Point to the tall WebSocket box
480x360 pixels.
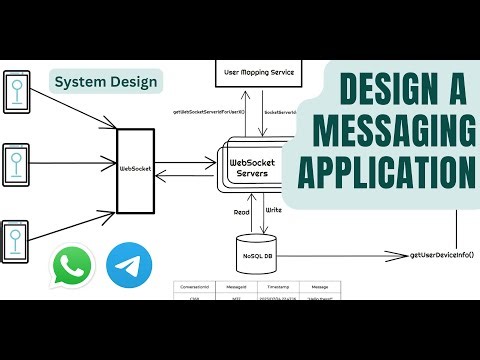coord(135,171)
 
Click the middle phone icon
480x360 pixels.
coord(16,163)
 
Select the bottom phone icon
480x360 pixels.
coord(16,239)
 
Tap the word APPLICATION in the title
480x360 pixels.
coord(394,172)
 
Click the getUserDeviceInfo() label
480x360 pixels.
coord(442,256)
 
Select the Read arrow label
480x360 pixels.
coord(243,211)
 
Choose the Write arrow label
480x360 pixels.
coord(274,211)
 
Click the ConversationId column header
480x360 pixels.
coord(193,286)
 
